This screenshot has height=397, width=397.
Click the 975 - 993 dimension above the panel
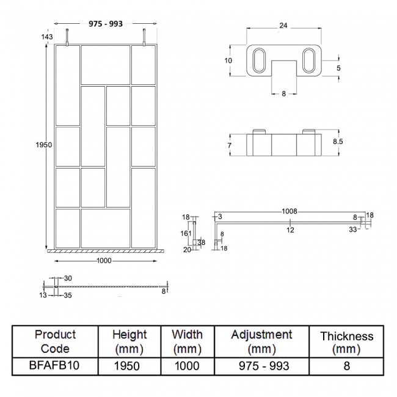pos(106,24)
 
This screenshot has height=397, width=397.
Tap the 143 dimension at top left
pos(46,37)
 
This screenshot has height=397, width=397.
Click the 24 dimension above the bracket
pos(283,26)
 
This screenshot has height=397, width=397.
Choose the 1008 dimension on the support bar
pos(290,211)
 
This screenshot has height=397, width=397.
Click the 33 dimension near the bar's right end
pos(353,230)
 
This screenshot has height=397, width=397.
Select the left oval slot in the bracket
pos(257,61)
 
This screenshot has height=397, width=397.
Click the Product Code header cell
pos(56,341)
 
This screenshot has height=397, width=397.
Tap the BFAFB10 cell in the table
pos(56,366)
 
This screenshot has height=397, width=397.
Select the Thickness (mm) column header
pos(346,343)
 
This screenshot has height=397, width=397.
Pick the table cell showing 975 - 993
pos(261,366)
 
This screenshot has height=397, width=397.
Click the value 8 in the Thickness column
pos(346,366)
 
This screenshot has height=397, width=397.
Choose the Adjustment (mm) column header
pos(261,341)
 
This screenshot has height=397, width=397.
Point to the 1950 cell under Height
pos(129,366)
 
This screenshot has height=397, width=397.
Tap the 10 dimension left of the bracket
pos(228,60)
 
